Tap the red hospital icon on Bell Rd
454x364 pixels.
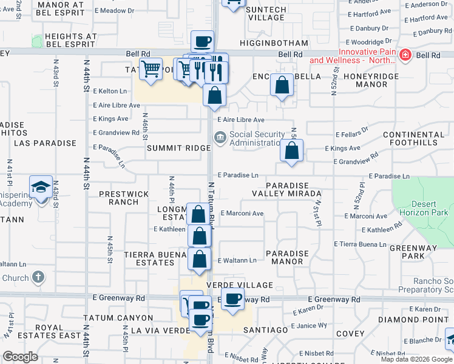tap(406, 56)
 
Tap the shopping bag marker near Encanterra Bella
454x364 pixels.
tap(282, 86)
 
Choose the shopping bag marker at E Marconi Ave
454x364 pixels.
tap(198, 214)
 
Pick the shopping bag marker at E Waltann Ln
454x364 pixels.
tap(199, 259)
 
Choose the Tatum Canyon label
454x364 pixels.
tap(118, 318)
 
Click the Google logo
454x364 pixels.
tap(21, 357)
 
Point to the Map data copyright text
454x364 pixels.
tap(416, 359)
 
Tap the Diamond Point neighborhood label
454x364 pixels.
tap(408, 319)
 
